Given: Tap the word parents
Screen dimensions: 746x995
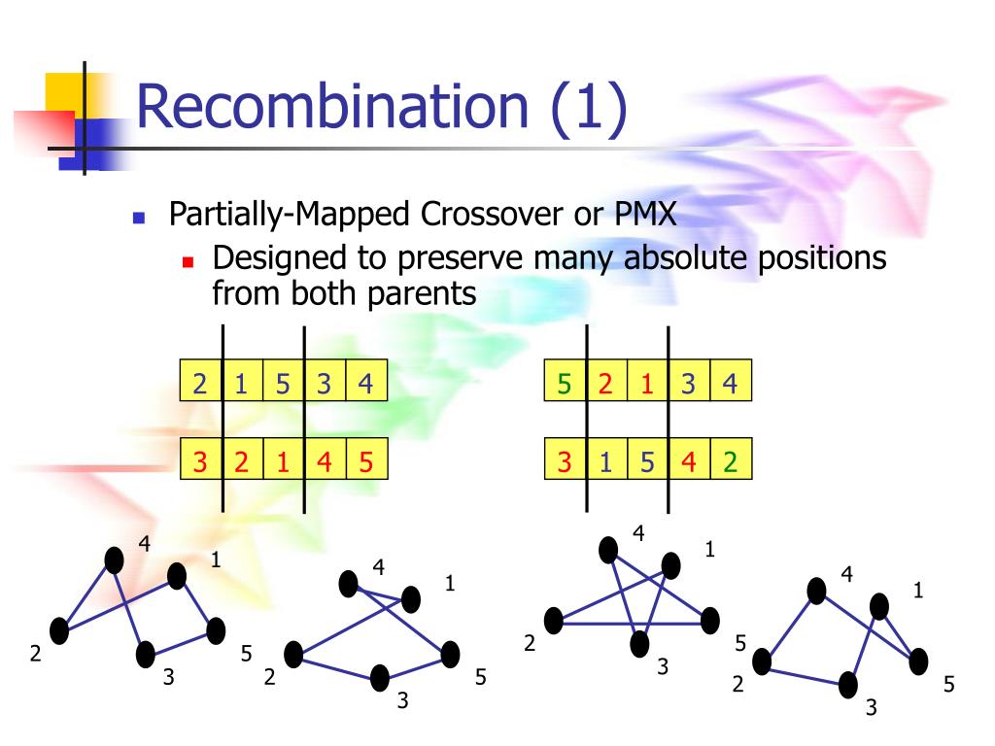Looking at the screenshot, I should pyautogui.click(x=422, y=292).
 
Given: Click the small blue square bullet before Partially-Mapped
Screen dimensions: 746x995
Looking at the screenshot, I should pyautogui.click(x=138, y=217).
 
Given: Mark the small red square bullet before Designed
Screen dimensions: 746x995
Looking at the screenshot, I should pyautogui.click(x=189, y=261).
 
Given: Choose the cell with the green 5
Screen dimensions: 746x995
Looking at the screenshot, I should pyautogui.click(x=565, y=382).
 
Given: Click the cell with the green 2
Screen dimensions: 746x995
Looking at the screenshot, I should pyautogui.click(x=731, y=460).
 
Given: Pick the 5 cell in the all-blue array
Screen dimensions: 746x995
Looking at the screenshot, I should pyautogui.click(x=283, y=382).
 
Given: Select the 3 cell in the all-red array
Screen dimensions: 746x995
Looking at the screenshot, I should pyautogui.click(x=200, y=460).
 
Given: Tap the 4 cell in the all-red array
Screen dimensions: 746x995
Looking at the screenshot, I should pyautogui.click(x=325, y=460).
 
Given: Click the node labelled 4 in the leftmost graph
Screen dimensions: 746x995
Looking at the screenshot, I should pyautogui.click(x=115, y=559).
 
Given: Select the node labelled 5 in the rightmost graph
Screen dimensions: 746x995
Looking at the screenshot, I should pyautogui.click(x=918, y=661).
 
